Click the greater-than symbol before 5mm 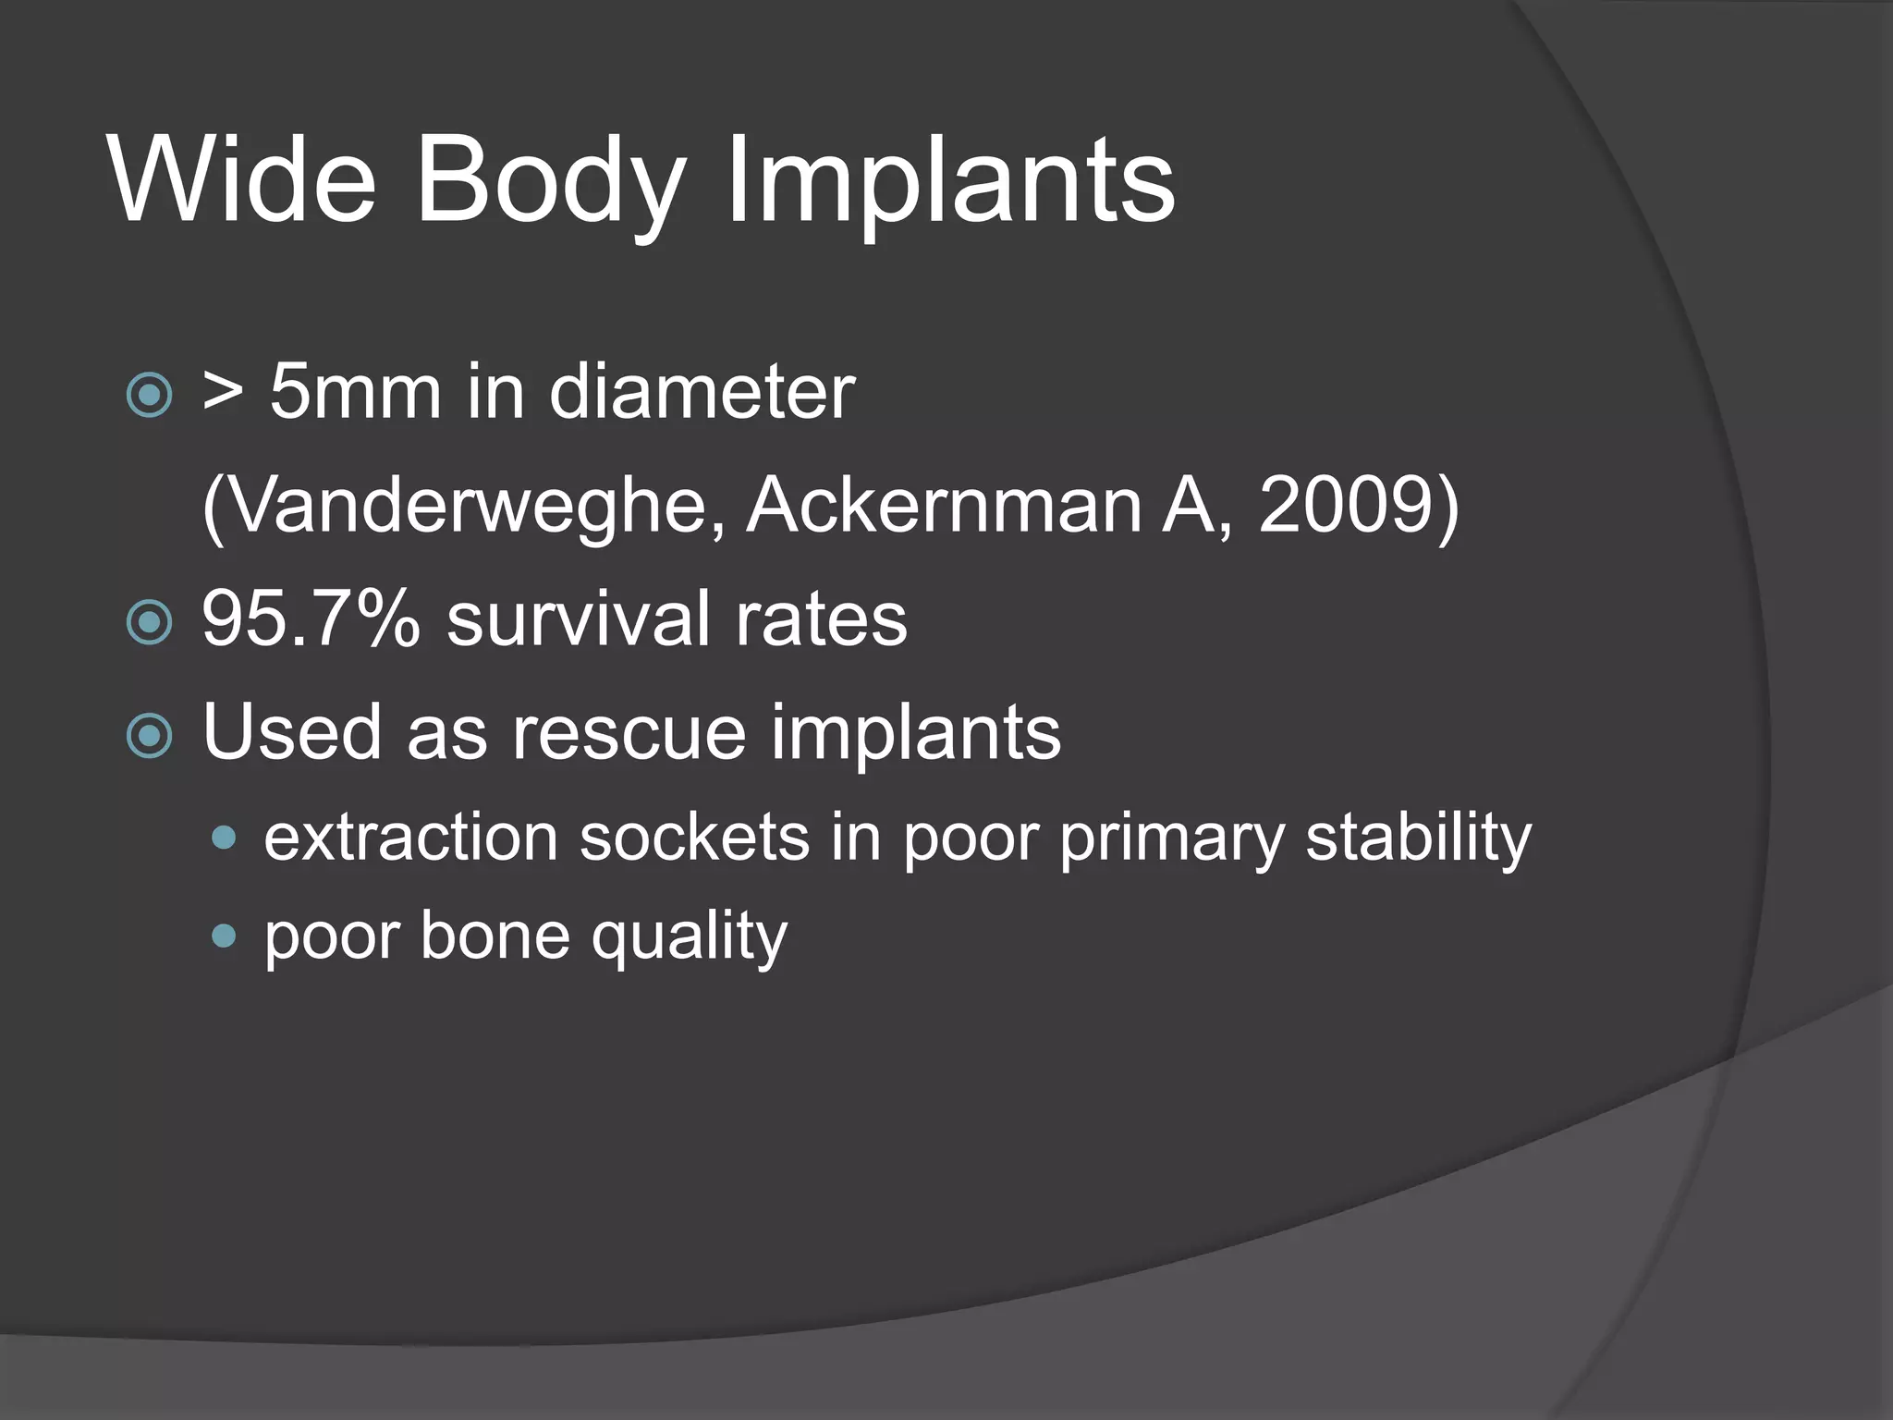[x=223, y=392]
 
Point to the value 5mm [x=355, y=392]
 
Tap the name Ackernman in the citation [x=944, y=506]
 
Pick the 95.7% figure [x=311, y=618]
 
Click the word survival [x=579, y=618]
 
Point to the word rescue [x=629, y=732]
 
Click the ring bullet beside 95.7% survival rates [x=149, y=622]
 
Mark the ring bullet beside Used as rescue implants [x=149, y=736]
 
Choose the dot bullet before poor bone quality [x=224, y=936]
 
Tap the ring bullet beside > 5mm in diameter [x=149, y=396]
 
